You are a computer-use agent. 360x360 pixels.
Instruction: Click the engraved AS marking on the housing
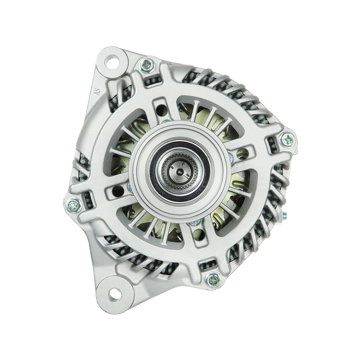coord(98,92)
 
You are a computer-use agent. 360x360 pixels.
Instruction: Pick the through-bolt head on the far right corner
coord(287,139)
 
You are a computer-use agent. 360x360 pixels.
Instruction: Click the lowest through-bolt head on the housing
coord(213,280)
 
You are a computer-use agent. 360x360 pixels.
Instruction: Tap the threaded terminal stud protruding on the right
coord(283,216)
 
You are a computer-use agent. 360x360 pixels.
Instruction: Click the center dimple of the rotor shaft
coord(179,171)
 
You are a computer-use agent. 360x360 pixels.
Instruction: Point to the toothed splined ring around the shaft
coord(180,171)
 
